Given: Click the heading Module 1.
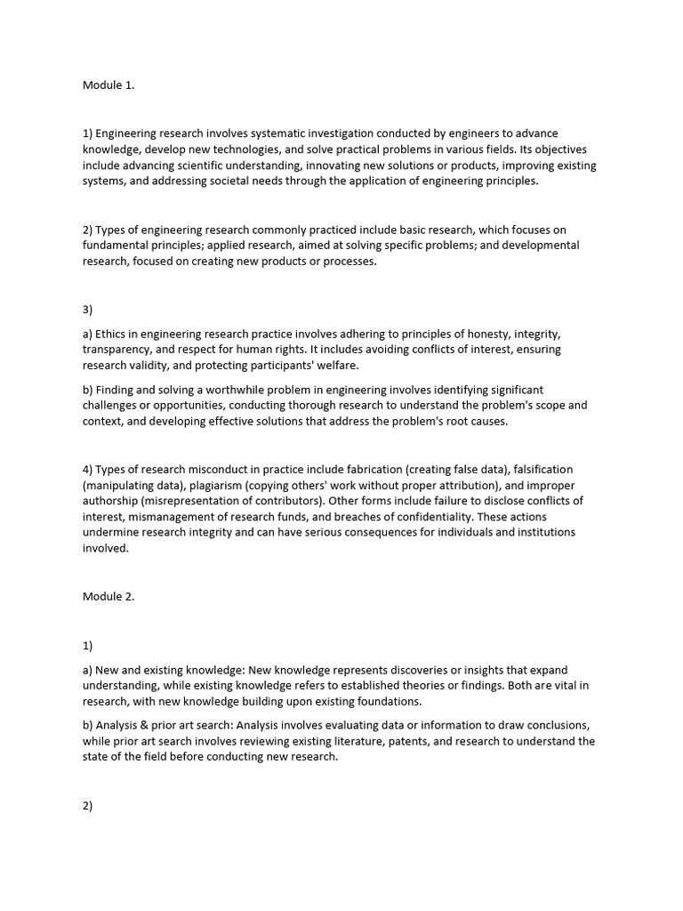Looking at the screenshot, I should click(108, 85).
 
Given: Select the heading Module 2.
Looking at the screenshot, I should click(108, 597).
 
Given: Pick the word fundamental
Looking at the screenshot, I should click(115, 245).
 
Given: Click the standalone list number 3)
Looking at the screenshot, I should click(88, 310).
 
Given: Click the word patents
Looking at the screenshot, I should click(404, 741).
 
